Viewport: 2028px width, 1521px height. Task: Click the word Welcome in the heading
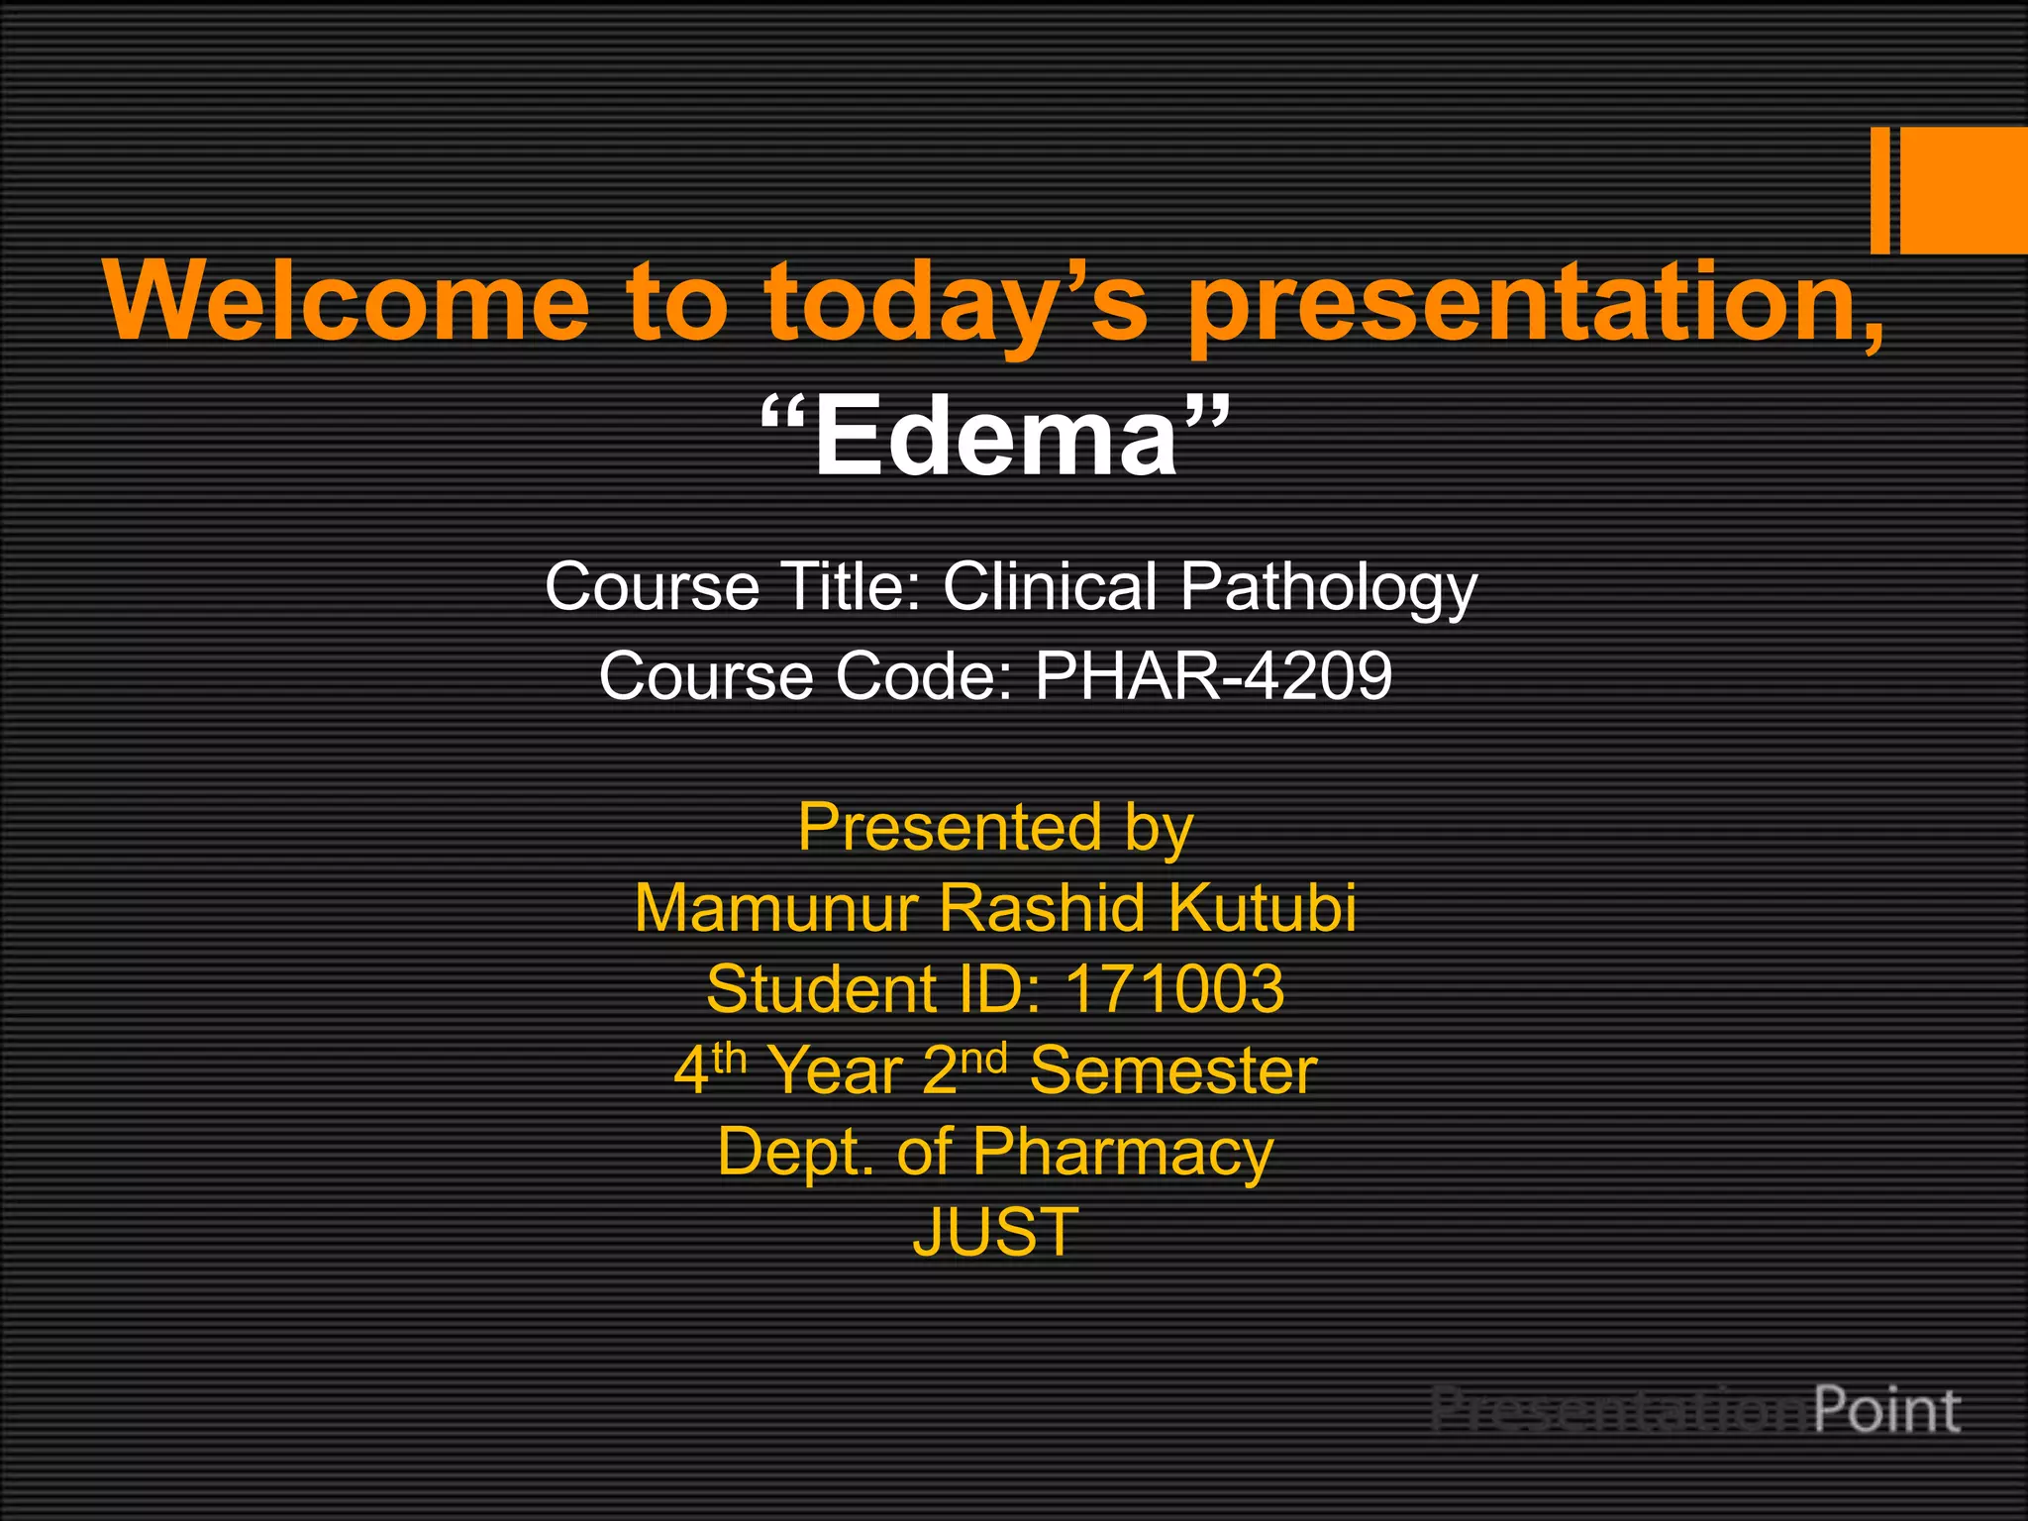347,301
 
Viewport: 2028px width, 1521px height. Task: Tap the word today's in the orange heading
956,301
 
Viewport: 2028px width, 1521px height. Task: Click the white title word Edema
995,436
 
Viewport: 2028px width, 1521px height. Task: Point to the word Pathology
1328,586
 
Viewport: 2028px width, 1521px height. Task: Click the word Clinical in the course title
1049,586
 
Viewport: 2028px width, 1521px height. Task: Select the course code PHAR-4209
1213,676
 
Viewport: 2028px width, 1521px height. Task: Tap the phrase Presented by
995,827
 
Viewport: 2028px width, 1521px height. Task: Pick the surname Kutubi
1263,908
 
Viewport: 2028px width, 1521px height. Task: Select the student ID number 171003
1174,989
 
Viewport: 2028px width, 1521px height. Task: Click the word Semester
1173,1070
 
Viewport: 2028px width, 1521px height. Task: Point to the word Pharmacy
1123,1153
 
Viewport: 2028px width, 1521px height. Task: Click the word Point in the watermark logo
1886,1410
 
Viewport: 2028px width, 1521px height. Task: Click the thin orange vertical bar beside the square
1879,190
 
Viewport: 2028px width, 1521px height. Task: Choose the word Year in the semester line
836,1070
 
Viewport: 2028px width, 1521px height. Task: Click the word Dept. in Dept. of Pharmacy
796,1153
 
